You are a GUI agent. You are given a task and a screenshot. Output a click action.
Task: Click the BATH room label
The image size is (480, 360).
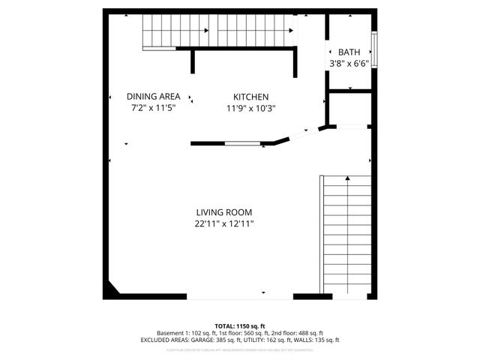349,52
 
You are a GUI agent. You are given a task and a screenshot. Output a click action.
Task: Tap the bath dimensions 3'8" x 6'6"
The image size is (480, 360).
349,63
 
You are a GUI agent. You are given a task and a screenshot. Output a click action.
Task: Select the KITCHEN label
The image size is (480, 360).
250,97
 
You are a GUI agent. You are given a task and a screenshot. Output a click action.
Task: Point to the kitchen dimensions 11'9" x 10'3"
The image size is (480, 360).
250,108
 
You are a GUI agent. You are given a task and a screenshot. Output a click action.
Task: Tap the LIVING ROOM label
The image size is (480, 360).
224,212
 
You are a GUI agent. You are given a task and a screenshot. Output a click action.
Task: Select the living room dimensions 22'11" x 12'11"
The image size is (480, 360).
224,223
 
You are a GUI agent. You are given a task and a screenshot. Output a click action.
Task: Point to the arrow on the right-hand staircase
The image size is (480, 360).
346,179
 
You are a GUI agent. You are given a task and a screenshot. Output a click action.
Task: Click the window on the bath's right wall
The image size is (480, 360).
374,49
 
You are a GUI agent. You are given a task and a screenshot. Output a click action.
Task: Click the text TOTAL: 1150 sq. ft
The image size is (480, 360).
239,325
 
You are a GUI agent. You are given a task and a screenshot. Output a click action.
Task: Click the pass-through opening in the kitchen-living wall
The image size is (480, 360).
241,142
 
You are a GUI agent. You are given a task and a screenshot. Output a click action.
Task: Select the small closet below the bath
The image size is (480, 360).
350,109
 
